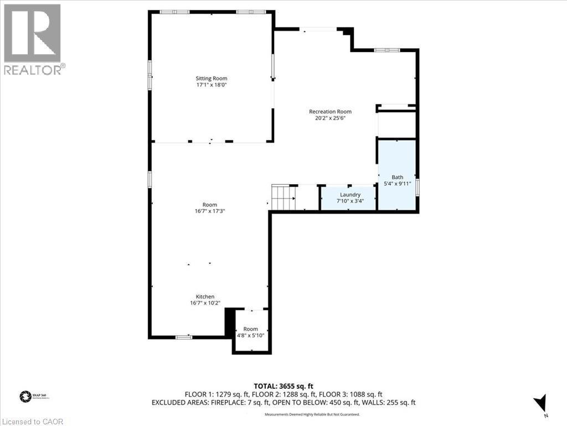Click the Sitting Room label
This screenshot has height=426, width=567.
point(211,78)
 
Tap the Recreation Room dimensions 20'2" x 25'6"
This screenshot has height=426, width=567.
point(330,118)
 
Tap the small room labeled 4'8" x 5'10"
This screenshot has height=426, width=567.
point(251,332)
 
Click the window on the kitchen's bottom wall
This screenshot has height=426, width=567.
point(183,337)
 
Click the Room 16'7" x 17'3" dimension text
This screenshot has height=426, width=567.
point(210,211)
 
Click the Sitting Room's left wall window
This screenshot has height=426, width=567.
point(150,74)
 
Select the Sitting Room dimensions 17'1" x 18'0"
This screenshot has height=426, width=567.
point(211,85)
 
